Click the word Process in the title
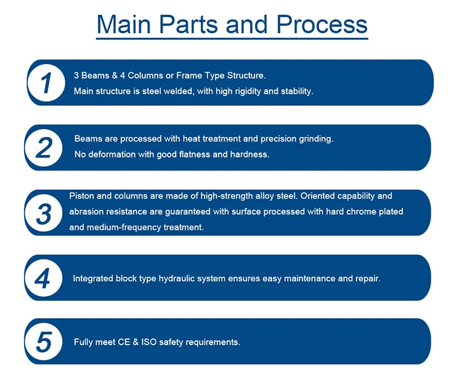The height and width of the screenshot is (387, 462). pyautogui.click(x=322, y=25)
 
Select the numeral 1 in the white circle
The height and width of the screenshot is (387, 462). pyautogui.click(x=46, y=83)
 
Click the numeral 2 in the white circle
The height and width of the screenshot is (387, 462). pyautogui.click(x=44, y=148)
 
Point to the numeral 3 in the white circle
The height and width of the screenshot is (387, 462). pyautogui.click(x=44, y=213)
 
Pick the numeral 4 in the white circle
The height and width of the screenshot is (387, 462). pyautogui.click(x=43, y=278)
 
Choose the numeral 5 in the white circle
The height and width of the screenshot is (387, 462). pyautogui.click(x=44, y=342)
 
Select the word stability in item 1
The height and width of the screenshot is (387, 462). pyautogui.click(x=297, y=91)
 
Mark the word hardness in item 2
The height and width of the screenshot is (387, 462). pyautogui.click(x=249, y=154)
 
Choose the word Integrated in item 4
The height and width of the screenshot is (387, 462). pyautogui.click(x=93, y=279)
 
